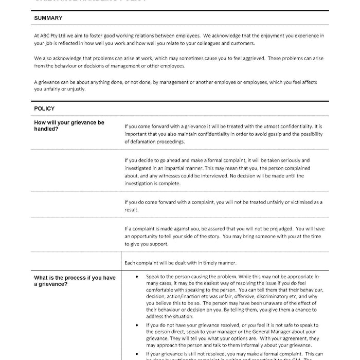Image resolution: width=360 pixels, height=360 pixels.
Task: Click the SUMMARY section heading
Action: pos(48,18)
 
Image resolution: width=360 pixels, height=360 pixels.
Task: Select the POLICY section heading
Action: pos(44,109)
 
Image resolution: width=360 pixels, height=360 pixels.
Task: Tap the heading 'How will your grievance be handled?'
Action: pos(69,125)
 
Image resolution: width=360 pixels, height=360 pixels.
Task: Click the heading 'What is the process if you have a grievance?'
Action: pos(75,280)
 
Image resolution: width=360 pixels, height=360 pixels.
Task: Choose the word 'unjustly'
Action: pos(76,88)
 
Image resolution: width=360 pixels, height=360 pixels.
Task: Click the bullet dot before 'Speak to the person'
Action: pos(135,277)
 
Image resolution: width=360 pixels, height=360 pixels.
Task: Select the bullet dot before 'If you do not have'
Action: pos(135,326)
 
